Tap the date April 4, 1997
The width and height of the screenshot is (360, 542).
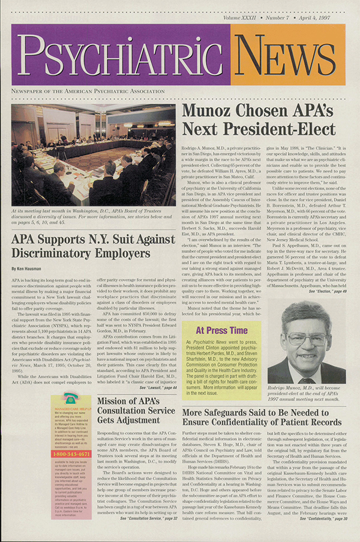pyautogui.click(x=328, y=20)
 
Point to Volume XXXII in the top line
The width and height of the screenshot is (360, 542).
pyautogui.click(x=243, y=20)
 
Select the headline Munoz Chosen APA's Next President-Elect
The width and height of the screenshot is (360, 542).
pyautogui.click(x=259, y=119)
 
